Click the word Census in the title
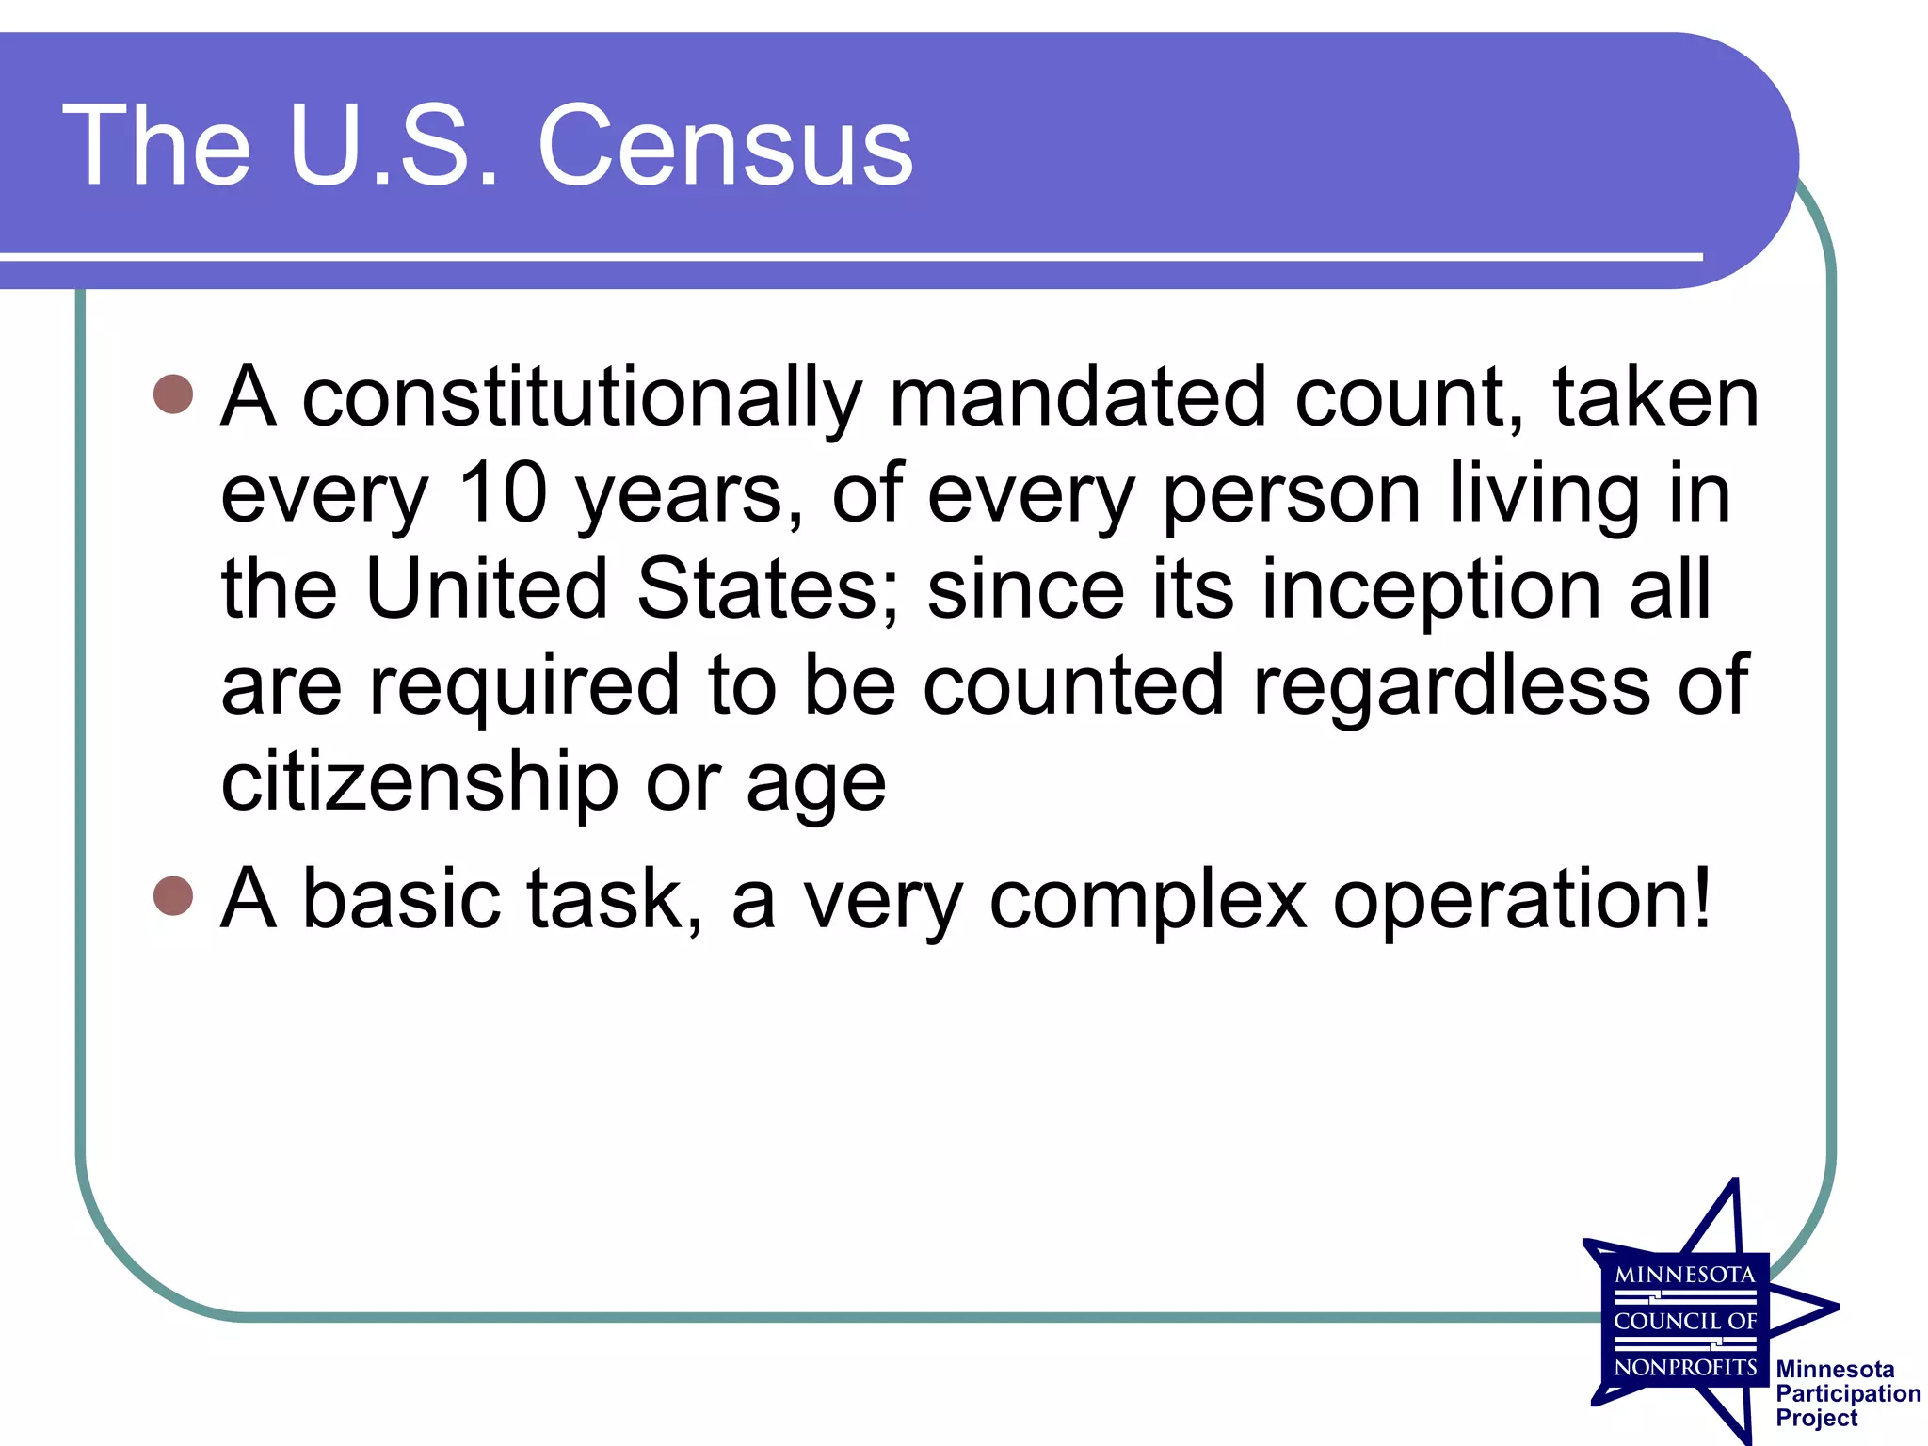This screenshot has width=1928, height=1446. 725,146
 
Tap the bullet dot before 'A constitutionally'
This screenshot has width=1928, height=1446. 173,394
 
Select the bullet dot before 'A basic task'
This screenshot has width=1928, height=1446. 173,895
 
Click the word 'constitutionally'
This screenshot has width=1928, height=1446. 581,398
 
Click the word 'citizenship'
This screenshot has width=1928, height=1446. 419,782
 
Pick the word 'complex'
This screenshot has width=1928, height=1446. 1148,901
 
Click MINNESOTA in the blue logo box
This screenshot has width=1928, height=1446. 1684,1276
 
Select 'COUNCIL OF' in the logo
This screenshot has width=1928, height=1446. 1684,1322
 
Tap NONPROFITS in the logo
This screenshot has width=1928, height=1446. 1684,1367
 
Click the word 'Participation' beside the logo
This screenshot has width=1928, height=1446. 1848,1394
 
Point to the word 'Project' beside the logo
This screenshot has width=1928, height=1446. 1816,1419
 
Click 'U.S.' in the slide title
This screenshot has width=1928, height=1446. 394,146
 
